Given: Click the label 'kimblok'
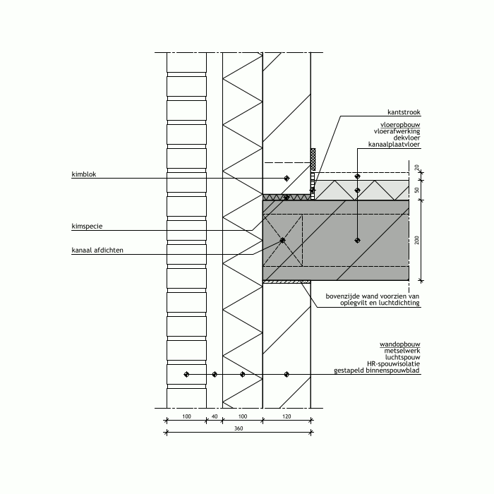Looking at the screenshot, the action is (x=84, y=174).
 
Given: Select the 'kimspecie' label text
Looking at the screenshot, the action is (x=87, y=227).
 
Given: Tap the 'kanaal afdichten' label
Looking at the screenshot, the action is (x=97, y=250).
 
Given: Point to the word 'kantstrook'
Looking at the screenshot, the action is (x=404, y=112).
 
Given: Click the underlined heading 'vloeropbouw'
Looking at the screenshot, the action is (x=400, y=125).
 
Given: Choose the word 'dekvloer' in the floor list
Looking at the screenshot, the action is (x=406, y=138).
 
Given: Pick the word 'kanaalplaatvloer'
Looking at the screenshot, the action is (x=394, y=144).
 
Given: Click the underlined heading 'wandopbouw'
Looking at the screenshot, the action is (x=400, y=344).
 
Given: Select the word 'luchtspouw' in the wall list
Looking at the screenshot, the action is (x=403, y=357).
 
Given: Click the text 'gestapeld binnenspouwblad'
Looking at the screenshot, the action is (x=377, y=370).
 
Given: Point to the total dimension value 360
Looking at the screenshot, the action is (x=239, y=428).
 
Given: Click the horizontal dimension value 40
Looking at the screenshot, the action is (x=215, y=416).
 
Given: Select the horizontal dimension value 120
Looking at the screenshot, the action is (x=287, y=416).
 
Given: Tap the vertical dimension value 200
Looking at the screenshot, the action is (x=417, y=240).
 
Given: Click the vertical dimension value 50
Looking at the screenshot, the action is (x=417, y=190).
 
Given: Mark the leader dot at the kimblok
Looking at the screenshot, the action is (x=287, y=179).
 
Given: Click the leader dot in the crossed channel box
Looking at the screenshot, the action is (x=282, y=241).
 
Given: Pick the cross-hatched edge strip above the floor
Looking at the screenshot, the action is (x=313, y=159).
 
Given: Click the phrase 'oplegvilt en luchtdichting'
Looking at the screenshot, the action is (x=380, y=303).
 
